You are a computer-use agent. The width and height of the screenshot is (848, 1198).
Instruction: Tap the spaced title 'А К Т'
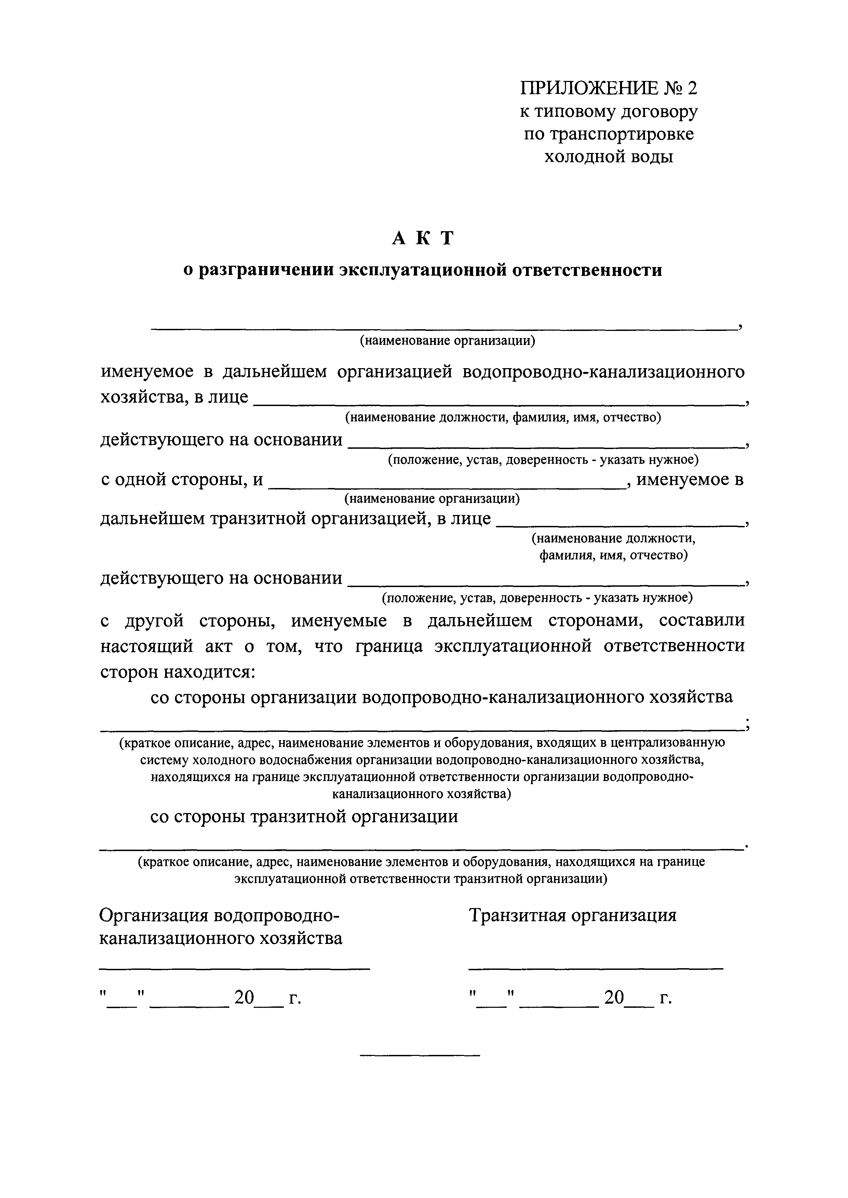423,238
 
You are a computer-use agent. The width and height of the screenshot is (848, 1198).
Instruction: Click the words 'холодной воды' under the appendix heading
608,156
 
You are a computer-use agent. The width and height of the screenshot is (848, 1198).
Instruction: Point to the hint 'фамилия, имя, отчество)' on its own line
613,555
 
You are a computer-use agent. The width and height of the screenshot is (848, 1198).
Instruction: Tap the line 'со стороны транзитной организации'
304,816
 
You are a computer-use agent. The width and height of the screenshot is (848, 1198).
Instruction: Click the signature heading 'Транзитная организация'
572,915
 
